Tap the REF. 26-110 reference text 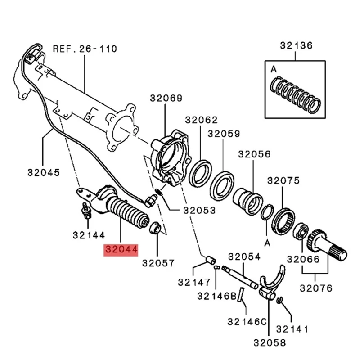tap(85, 48)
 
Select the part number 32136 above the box tap(296, 45)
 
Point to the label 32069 tap(166, 99)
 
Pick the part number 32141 tap(292, 329)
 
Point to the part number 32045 tap(43, 172)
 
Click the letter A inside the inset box tap(273, 70)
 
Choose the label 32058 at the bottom tap(269, 342)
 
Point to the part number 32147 tap(194, 283)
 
